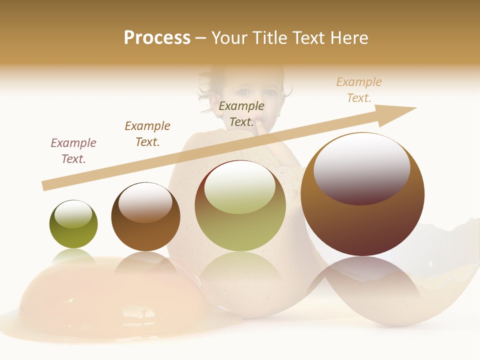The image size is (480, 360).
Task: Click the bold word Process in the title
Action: (157, 38)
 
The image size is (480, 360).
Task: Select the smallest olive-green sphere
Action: (73, 224)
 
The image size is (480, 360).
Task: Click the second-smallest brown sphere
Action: (145, 216)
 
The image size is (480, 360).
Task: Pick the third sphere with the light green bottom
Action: (240, 205)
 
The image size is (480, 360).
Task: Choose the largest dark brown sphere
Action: (362, 194)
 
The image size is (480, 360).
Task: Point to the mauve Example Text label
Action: (73, 151)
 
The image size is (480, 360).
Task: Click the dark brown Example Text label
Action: (147, 134)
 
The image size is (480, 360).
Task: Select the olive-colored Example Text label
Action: (241, 114)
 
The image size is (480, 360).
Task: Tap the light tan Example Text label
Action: (359, 90)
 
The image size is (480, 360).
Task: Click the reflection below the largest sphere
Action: (362, 285)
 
